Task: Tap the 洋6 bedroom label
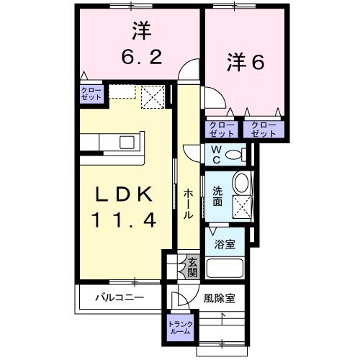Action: coord(247,62)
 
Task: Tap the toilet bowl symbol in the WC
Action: coord(240,153)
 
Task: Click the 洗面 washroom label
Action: coord(217,196)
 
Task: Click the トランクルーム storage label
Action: coord(181,327)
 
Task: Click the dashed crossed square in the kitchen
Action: coord(152,95)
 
